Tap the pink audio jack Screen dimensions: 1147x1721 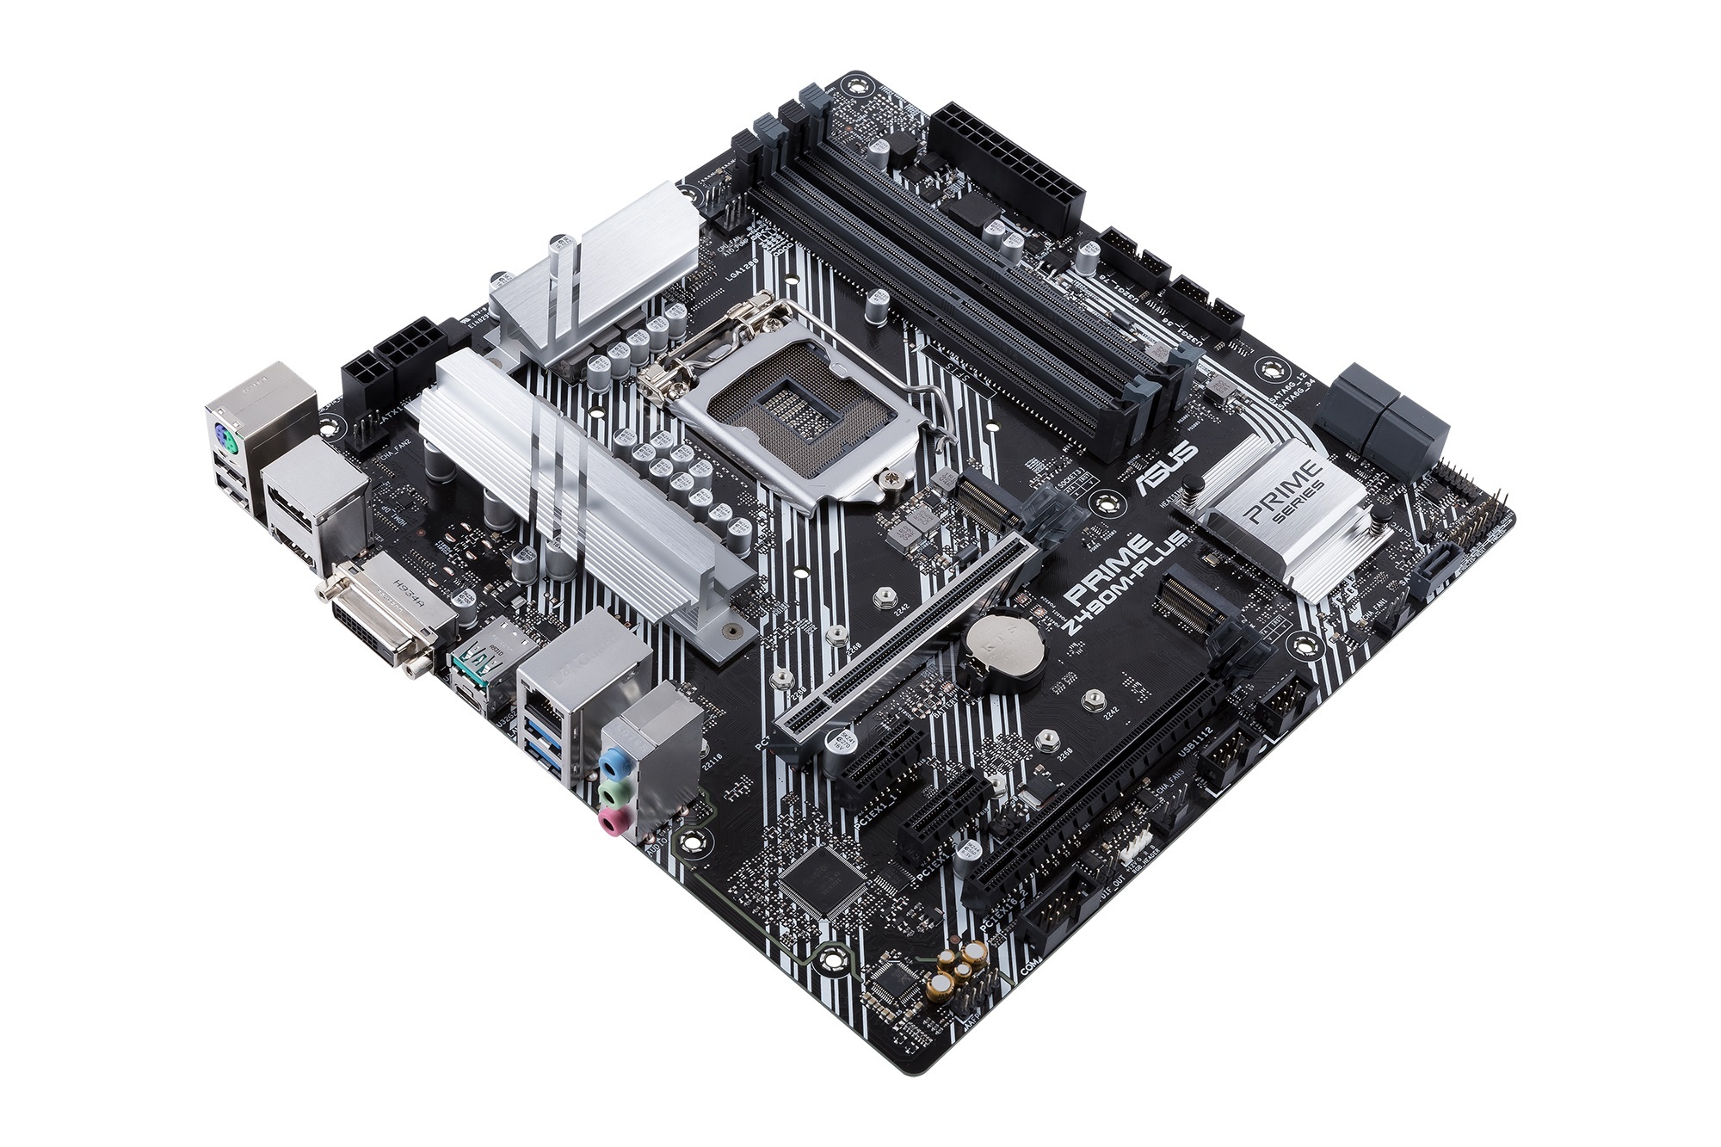point(610,823)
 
